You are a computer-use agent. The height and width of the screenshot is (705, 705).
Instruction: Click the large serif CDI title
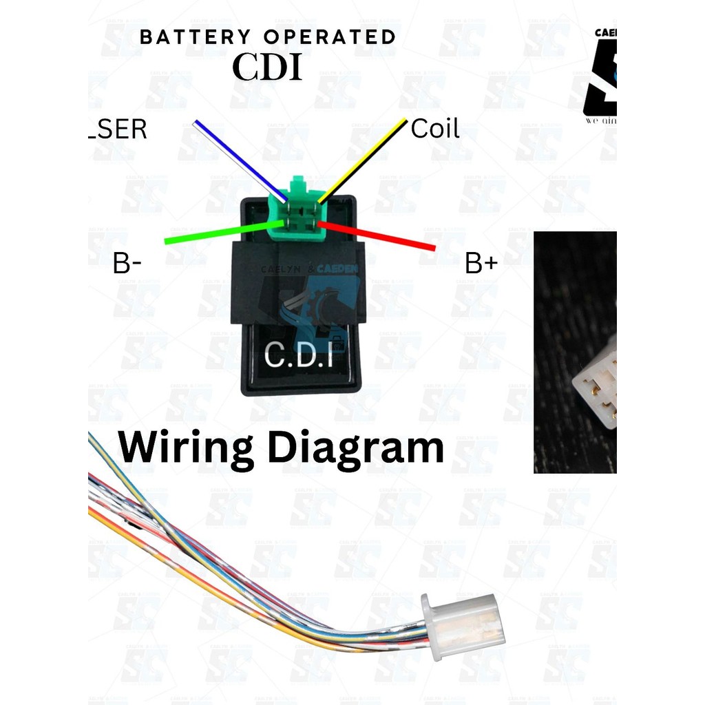click(x=267, y=67)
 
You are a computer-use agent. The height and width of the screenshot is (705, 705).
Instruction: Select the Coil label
click(x=434, y=129)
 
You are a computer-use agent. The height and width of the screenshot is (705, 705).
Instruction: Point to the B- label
click(x=127, y=264)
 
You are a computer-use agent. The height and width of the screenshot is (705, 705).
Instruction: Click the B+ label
click(x=481, y=264)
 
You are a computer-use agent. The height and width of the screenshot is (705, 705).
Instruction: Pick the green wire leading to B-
click(x=220, y=232)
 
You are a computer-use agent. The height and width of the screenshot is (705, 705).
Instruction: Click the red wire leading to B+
click(x=379, y=235)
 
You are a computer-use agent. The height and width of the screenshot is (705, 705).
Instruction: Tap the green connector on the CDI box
click(x=298, y=210)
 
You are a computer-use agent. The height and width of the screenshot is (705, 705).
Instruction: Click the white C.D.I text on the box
click(x=297, y=357)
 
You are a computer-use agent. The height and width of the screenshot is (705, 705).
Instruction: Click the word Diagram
click(x=355, y=448)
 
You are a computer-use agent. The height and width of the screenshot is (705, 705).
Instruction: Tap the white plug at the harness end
click(x=463, y=627)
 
